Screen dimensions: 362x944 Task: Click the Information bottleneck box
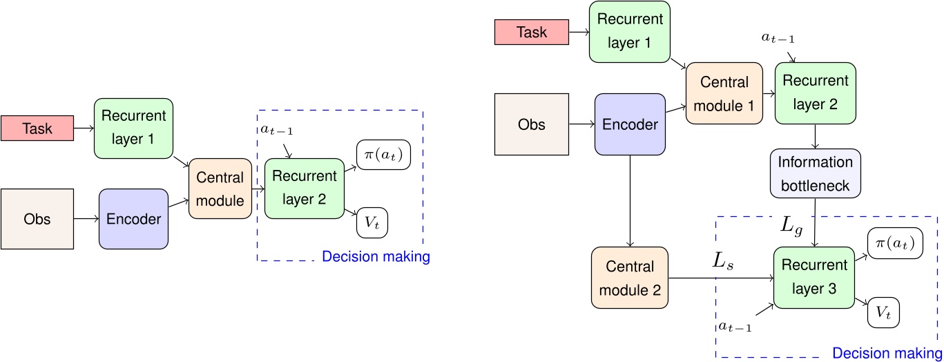tap(816, 173)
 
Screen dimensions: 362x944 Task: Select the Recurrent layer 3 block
tap(815, 276)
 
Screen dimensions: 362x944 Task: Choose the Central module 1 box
tap(724, 93)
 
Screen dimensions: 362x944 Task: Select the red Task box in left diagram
tap(37, 128)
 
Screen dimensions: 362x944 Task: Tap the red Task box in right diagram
tap(531, 32)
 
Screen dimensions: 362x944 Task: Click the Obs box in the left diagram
tap(37, 220)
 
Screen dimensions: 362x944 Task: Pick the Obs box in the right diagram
tap(531, 124)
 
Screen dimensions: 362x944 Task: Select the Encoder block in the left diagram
tap(134, 220)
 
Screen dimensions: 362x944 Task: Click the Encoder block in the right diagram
tap(629, 124)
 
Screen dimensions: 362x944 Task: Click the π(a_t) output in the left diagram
tap(383, 154)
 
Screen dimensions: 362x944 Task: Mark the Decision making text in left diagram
tap(376, 257)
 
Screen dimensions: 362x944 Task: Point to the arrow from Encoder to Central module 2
tap(630, 200)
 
